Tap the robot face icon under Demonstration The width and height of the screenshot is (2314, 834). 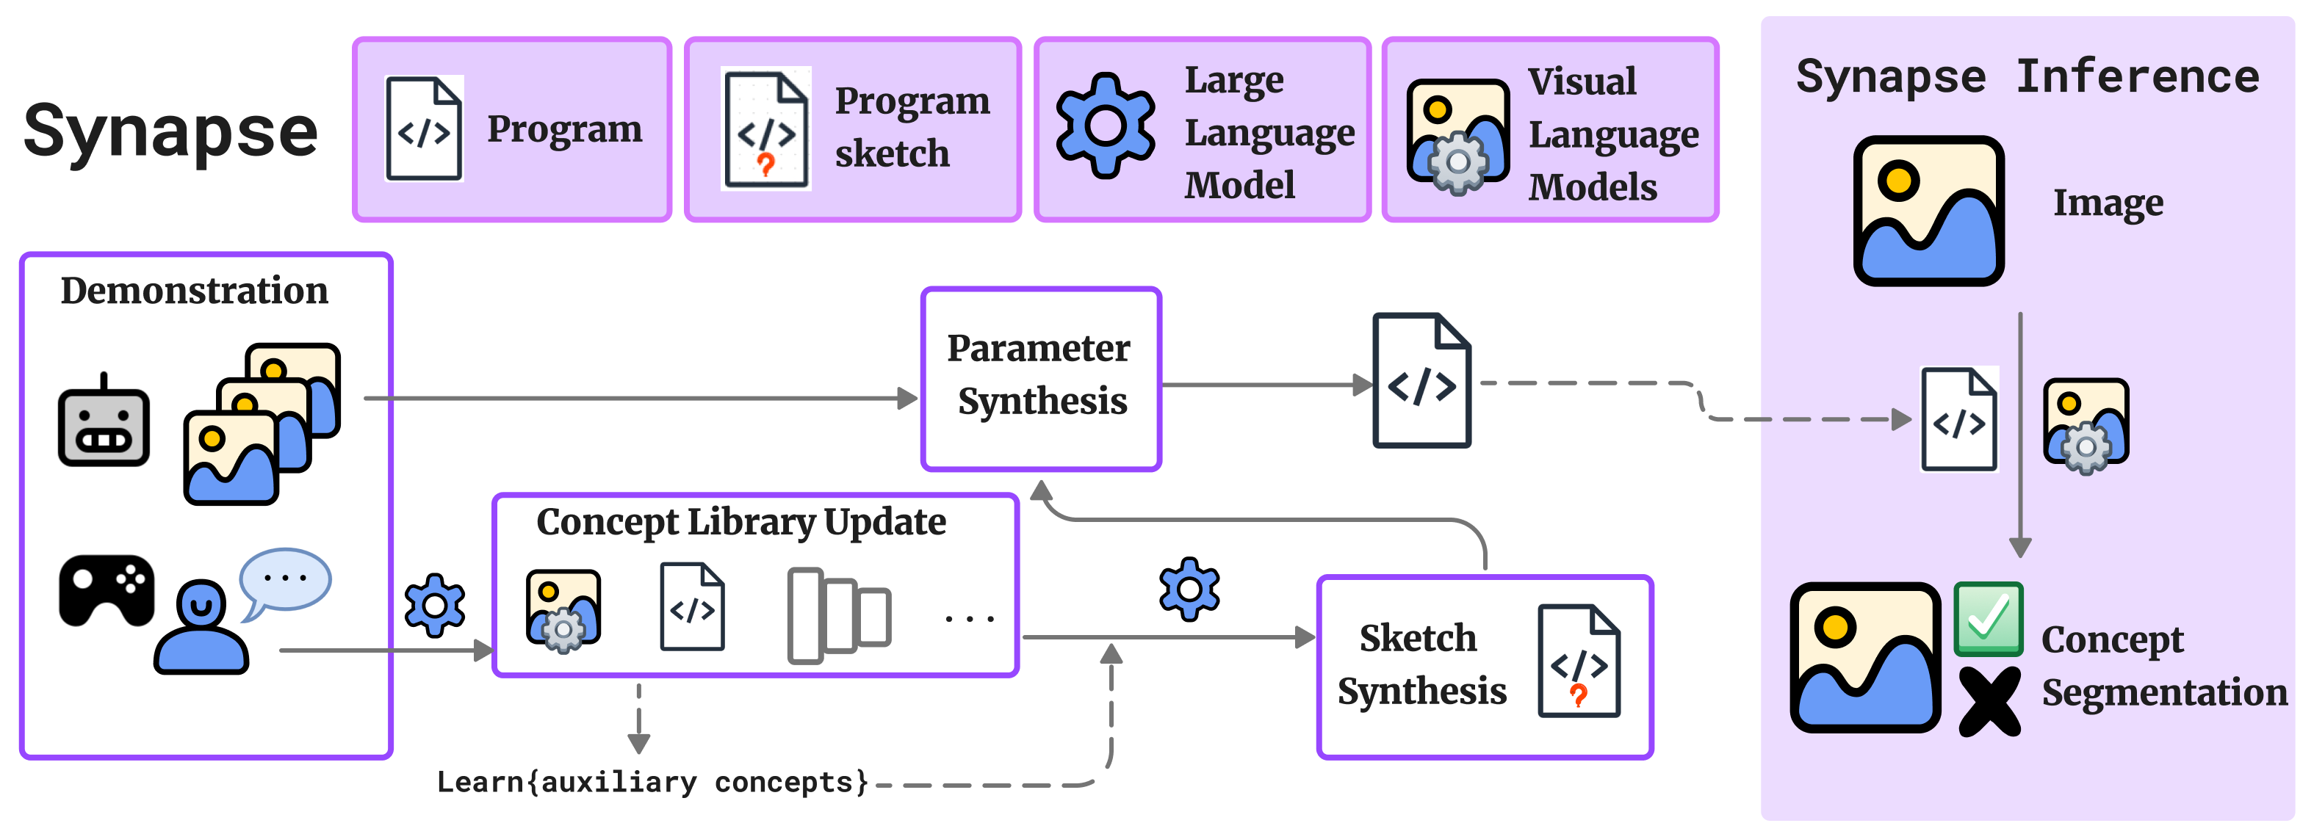pyautogui.click(x=104, y=424)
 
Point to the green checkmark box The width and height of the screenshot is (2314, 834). pyautogui.click(x=1988, y=620)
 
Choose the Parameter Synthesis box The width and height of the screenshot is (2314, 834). pyautogui.click(x=1041, y=378)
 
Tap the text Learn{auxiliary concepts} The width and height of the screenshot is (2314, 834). pyautogui.click(x=652, y=782)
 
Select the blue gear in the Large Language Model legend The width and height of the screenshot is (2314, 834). pyautogui.click(x=1105, y=125)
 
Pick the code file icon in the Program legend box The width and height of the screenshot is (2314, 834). pyautogui.click(x=424, y=129)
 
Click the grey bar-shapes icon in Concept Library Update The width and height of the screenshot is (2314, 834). pyautogui.click(x=838, y=616)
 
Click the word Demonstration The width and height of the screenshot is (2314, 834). pyautogui.click(x=194, y=291)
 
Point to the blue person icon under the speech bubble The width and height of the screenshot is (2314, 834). pyautogui.click(x=201, y=628)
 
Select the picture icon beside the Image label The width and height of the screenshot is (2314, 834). pyautogui.click(x=1928, y=211)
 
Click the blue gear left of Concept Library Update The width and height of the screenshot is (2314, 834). pyautogui.click(x=435, y=605)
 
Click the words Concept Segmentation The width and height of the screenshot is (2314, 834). pyautogui.click(x=2163, y=666)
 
